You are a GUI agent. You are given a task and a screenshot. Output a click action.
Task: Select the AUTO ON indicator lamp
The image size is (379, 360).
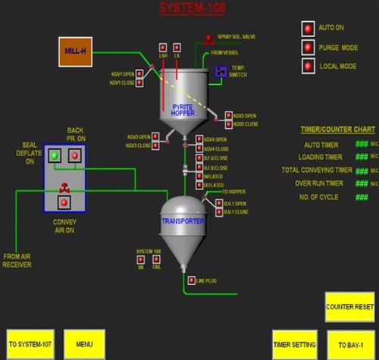(309, 28)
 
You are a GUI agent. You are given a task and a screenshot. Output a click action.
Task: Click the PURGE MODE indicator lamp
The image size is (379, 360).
(309, 47)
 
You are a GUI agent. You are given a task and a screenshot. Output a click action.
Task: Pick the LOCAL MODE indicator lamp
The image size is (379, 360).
(309, 66)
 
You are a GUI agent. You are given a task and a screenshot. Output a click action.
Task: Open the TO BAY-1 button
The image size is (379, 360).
(349, 343)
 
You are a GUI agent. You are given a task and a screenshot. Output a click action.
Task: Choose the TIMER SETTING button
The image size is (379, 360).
(294, 343)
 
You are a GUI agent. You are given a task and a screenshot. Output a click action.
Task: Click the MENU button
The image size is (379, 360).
(84, 343)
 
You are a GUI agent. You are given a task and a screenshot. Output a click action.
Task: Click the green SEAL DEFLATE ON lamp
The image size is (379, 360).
(55, 155)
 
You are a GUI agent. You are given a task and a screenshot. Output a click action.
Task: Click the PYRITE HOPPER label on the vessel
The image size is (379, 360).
(183, 109)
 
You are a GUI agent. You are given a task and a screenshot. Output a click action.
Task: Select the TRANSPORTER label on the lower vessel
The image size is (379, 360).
(182, 221)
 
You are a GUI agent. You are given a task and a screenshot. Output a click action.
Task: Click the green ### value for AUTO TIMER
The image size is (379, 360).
(362, 144)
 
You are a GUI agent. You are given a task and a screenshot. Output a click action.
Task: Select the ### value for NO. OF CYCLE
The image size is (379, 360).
(362, 197)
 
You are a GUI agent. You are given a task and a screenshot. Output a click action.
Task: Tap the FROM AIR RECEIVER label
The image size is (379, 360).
(17, 260)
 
